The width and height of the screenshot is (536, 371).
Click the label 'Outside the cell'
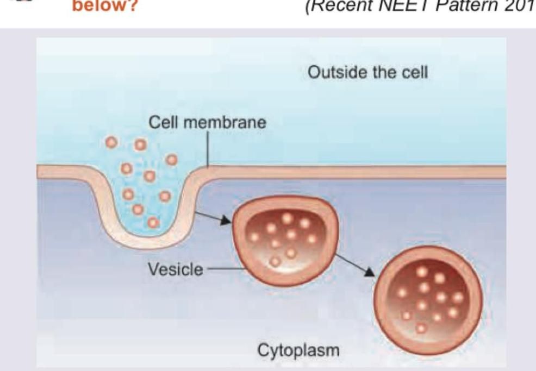(367, 72)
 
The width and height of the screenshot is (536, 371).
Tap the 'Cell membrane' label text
(208, 122)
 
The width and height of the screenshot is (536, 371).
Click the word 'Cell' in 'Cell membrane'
(164, 122)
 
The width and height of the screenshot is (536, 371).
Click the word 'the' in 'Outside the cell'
(383, 72)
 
